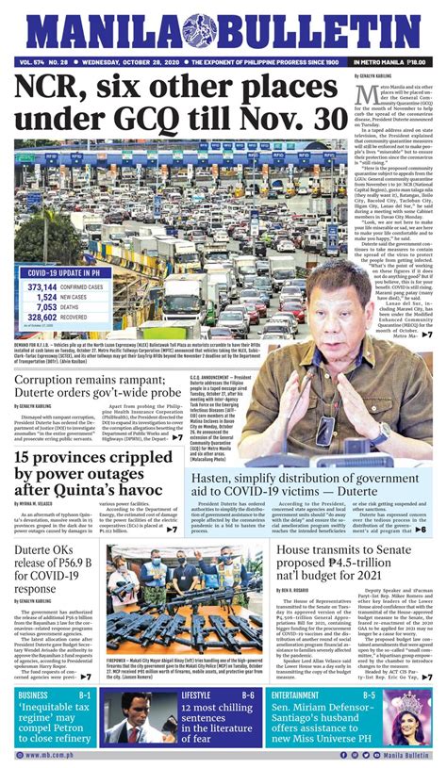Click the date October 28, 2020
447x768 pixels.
pos(117,62)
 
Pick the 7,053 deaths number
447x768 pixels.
pos(41,306)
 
